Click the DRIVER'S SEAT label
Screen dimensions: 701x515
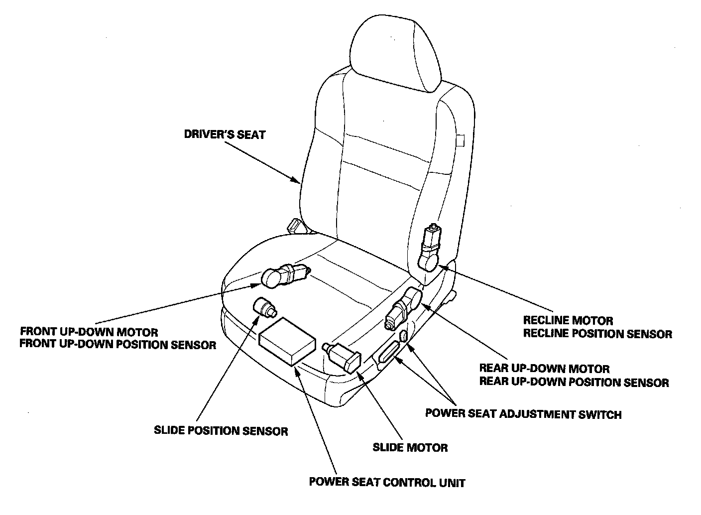(x=225, y=134)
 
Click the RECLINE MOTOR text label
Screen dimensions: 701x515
(x=568, y=320)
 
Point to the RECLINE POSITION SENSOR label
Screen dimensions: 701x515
(x=597, y=334)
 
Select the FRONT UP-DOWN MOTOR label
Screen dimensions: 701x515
(x=89, y=332)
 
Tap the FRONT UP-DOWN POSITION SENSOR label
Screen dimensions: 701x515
(x=118, y=345)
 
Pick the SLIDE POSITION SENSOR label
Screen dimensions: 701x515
(x=221, y=431)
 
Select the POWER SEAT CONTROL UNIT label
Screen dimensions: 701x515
(x=387, y=482)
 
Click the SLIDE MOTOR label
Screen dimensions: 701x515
(x=410, y=447)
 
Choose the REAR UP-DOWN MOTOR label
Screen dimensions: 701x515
(x=544, y=369)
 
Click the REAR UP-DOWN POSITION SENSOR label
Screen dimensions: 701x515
(x=574, y=382)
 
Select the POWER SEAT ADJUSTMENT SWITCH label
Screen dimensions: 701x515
(x=523, y=414)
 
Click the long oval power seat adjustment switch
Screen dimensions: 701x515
(x=389, y=353)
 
